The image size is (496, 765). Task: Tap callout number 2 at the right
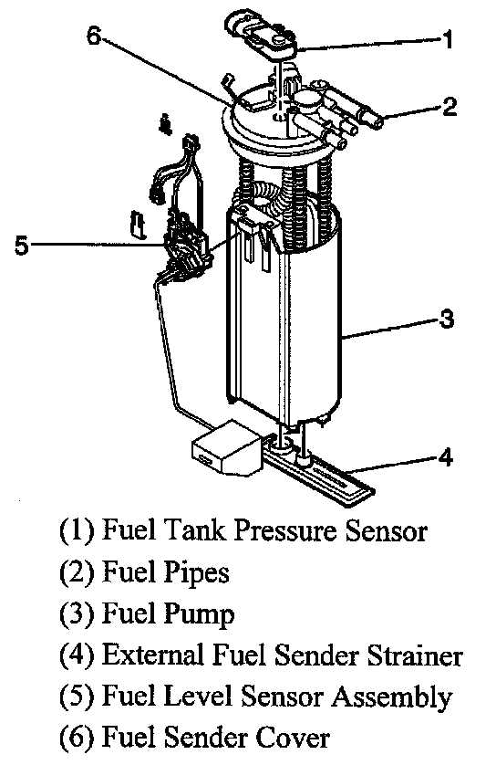449,107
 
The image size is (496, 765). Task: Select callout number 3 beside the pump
446,320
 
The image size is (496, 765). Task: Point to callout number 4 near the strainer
445,456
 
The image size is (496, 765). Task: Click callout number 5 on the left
22,245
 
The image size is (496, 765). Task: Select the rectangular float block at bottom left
225,447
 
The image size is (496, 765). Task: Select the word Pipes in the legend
196,572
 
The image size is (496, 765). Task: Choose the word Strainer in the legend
415,655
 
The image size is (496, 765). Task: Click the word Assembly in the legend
392,697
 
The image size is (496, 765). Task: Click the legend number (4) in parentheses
77,656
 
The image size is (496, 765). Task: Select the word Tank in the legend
194,529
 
